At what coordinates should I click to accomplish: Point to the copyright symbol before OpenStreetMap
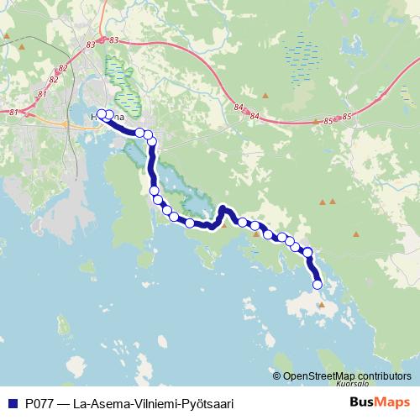click(x=277, y=376)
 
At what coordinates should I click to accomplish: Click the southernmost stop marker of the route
click(x=318, y=285)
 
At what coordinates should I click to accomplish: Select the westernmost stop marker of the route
click(x=102, y=114)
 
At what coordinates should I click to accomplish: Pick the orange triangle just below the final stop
click(x=320, y=305)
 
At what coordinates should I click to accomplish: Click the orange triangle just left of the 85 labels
click(x=315, y=122)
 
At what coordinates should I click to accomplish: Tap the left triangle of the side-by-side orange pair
click(x=323, y=202)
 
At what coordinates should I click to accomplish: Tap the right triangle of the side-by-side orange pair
click(x=333, y=202)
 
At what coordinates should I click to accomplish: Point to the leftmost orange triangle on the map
click(x=8, y=36)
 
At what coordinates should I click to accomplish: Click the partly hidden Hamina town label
click(x=118, y=118)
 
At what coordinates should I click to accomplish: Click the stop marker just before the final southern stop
click(x=307, y=253)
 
